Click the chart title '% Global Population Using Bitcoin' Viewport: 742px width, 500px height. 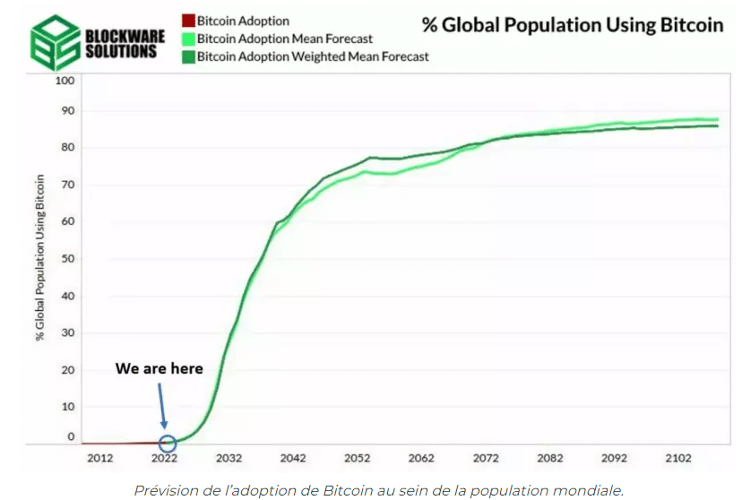pyautogui.click(x=573, y=25)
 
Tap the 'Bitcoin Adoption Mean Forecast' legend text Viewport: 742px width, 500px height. pyautogui.click(x=284, y=39)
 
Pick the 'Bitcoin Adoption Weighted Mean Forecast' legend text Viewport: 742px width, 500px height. pyautogui.click(x=313, y=56)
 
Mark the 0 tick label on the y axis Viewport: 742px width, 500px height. pyautogui.click(x=71, y=436)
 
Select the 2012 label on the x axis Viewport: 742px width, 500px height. pyautogui.click(x=99, y=458)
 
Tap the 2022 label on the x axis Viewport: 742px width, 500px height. pyautogui.click(x=164, y=458)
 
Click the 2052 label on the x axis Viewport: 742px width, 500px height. pyautogui.click(x=358, y=458)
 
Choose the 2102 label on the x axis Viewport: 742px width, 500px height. pyautogui.click(x=679, y=458)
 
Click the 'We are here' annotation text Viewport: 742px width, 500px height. pyautogui.click(x=160, y=368)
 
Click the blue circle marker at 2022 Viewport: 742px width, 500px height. pyautogui.click(x=167, y=443)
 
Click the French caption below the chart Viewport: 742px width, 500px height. pyautogui.click(x=378, y=489)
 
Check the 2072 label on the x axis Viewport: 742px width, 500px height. pyautogui.click(x=487, y=458)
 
